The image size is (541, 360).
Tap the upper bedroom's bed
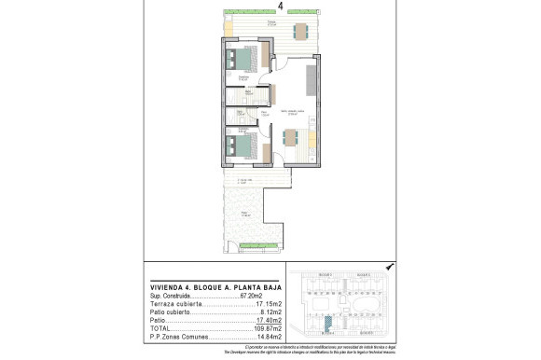point(240,61)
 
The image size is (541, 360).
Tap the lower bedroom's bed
point(240,146)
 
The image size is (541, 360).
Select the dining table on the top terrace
point(298,32)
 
